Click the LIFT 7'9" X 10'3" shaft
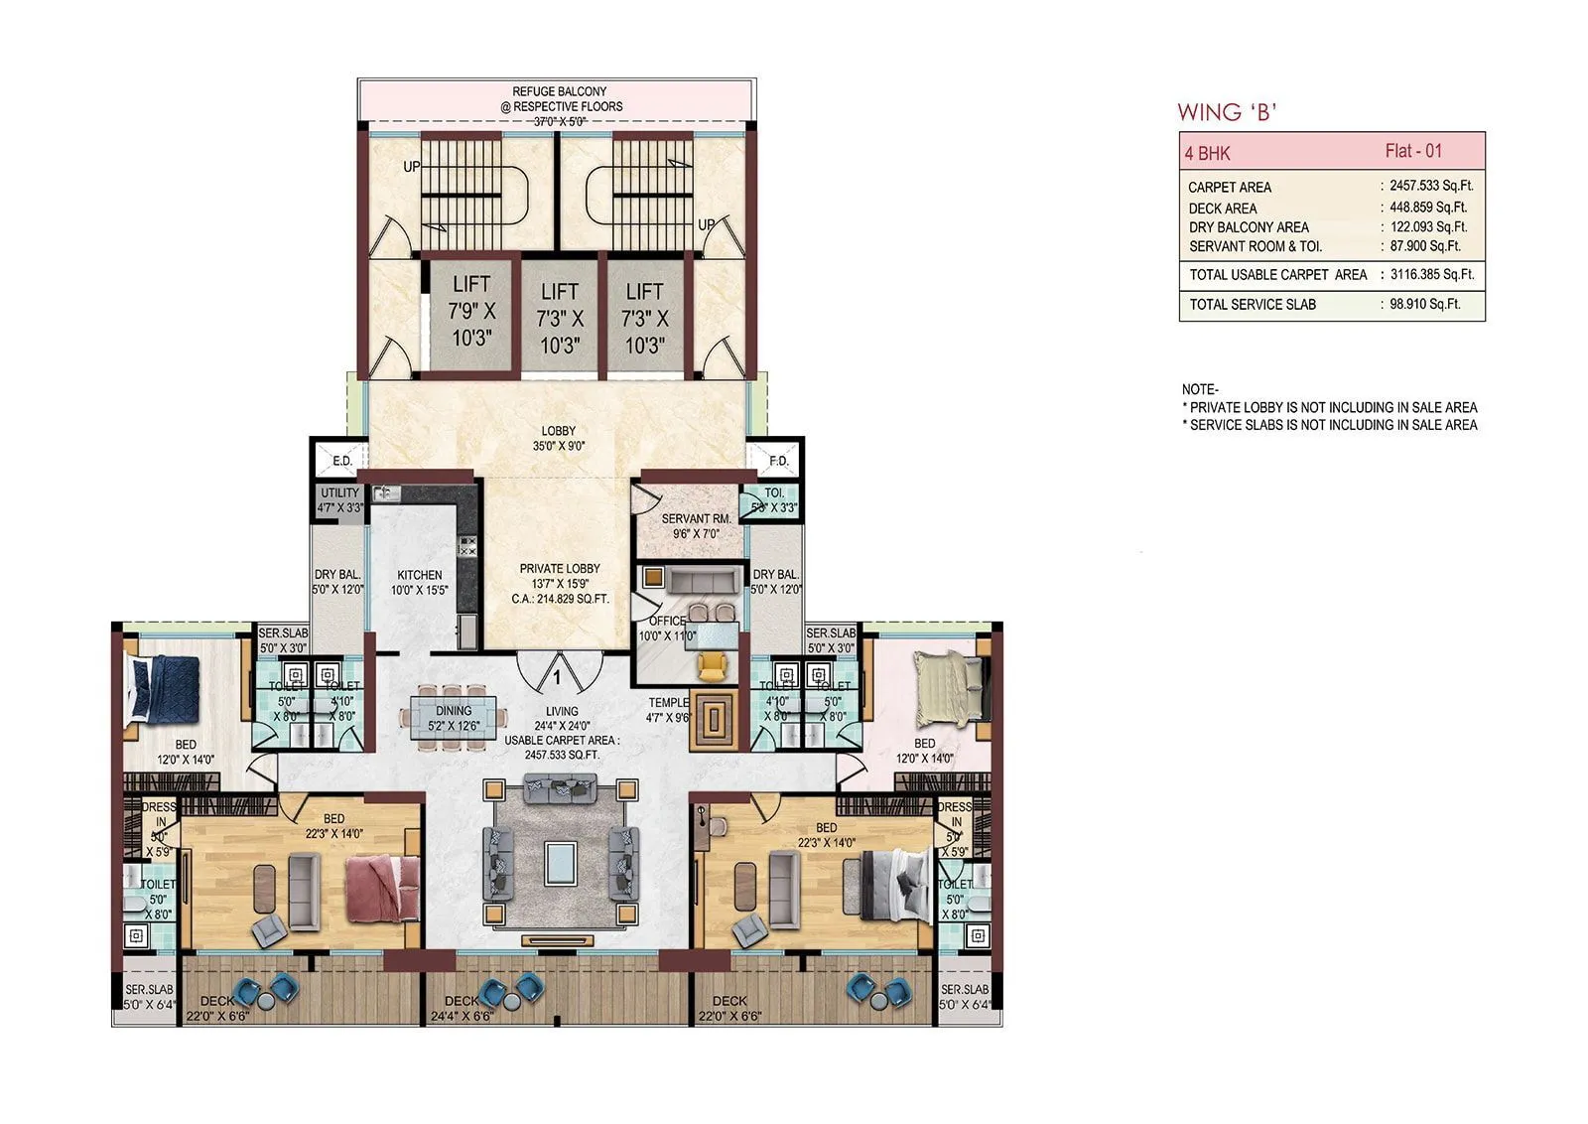coord(472,313)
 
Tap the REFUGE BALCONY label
coord(560,91)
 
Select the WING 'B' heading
coord(1227,112)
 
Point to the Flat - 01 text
coord(1413,151)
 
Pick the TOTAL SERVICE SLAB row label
coord(1253,305)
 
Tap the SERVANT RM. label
coord(696,519)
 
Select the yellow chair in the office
coord(712,664)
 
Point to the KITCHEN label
coord(420,575)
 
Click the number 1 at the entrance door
coord(557,677)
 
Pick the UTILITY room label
coord(340,493)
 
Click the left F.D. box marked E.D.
coord(341,461)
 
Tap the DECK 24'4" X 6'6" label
coord(463,1001)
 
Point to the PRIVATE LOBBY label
coord(560,569)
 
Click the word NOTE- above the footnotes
coord(1200,389)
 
